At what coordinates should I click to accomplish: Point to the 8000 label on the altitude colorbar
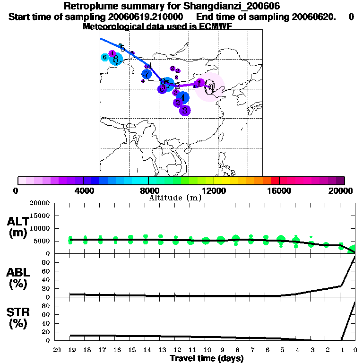148,190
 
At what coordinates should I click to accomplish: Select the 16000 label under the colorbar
279,190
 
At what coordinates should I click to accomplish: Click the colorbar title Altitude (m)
175,198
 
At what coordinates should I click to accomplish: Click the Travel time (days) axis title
207,359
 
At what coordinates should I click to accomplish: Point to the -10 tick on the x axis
205,350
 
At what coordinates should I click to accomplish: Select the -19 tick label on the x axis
69,350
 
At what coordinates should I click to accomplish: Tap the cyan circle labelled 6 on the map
105,57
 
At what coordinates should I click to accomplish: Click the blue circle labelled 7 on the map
147,74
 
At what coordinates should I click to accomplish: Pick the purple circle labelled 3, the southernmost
185,111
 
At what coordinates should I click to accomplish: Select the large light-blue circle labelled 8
116,59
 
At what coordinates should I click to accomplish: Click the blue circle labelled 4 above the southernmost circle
182,98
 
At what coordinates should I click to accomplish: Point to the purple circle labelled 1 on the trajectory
199,84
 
